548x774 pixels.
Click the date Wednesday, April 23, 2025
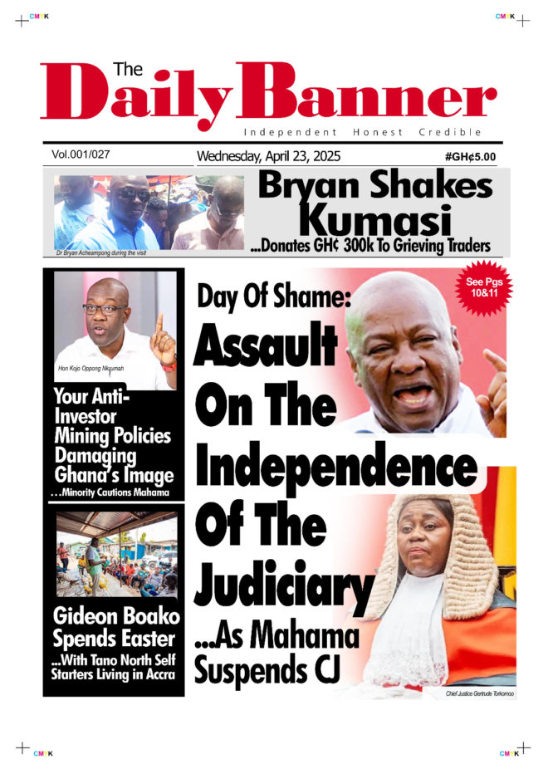pyautogui.click(x=268, y=156)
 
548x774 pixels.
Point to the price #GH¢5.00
pyautogui.click(x=470, y=156)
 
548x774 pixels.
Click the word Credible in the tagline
pyautogui.click(x=450, y=132)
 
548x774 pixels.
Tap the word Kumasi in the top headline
pyautogui.click(x=374, y=221)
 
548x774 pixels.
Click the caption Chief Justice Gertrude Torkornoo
pyautogui.click(x=479, y=692)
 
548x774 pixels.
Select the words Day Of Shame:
pyautogui.click(x=274, y=296)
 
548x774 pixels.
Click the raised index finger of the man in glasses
pyautogui.click(x=159, y=326)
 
